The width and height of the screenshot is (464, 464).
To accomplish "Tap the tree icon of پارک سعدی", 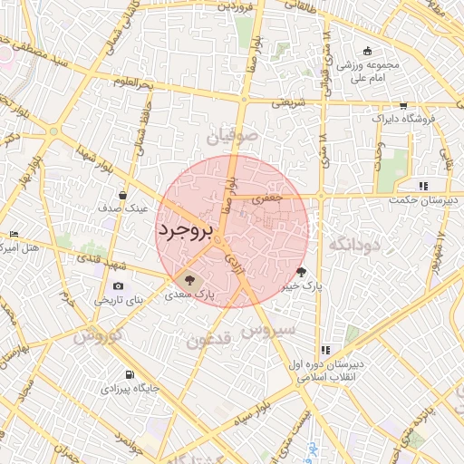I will (x=189, y=280).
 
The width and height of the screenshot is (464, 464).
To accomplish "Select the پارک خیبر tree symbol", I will (x=301, y=271).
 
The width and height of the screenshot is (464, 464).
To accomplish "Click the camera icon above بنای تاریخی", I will (x=118, y=286).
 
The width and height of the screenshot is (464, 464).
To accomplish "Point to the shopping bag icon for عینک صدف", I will (x=122, y=195).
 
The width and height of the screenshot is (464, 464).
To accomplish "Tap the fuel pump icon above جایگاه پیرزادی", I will (x=131, y=375).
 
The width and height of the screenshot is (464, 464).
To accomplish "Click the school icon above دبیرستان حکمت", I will (x=422, y=186).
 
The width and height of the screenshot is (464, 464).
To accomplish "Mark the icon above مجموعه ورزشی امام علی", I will (x=366, y=51).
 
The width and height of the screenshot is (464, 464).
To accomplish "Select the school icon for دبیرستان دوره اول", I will (x=325, y=351).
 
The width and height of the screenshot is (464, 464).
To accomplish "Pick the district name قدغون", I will (x=211, y=342).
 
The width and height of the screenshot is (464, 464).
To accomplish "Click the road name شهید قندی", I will (x=99, y=263).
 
